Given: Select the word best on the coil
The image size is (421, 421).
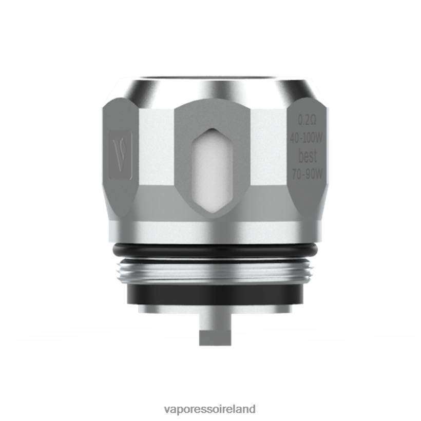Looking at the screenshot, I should pyautogui.click(x=308, y=156).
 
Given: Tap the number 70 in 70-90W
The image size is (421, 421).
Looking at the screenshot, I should pyautogui.click(x=297, y=174).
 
